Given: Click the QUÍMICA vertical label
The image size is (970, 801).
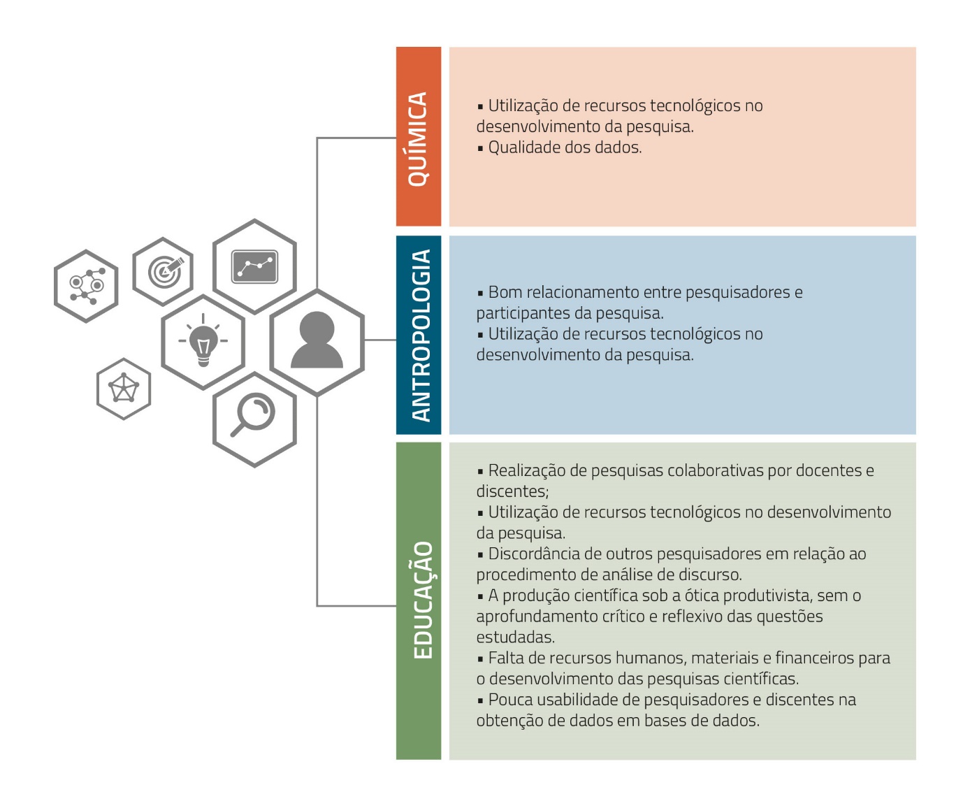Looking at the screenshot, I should click(418, 138).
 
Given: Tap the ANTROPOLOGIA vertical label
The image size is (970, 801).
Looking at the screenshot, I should click(419, 335).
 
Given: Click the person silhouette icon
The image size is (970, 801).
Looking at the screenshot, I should click(317, 340).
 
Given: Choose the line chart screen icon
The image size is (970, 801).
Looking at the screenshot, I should click(254, 266).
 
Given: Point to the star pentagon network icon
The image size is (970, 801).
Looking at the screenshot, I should click(124, 389).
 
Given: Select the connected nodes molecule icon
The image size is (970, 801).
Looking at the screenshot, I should click(86, 286).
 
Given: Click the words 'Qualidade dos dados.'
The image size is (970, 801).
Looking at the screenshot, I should click(565, 147).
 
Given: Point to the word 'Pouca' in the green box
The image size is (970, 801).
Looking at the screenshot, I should click(510, 700).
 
